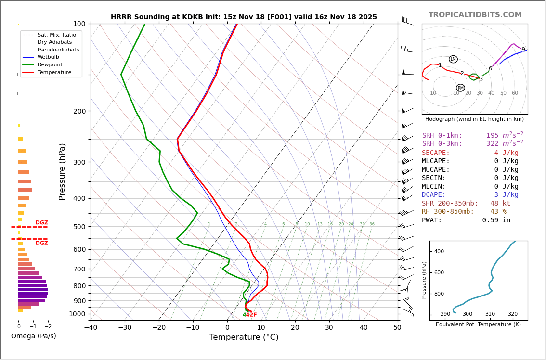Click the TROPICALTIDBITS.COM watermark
point(475,15)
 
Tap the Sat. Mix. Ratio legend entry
point(56,35)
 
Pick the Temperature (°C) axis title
point(244,337)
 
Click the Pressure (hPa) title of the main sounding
point(63,171)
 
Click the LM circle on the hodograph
point(453,59)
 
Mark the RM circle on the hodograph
point(460,88)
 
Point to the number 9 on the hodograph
point(523,50)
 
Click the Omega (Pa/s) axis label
point(34,336)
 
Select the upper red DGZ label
point(41,223)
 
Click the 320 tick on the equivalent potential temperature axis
point(512,314)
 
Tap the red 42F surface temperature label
point(251,315)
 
